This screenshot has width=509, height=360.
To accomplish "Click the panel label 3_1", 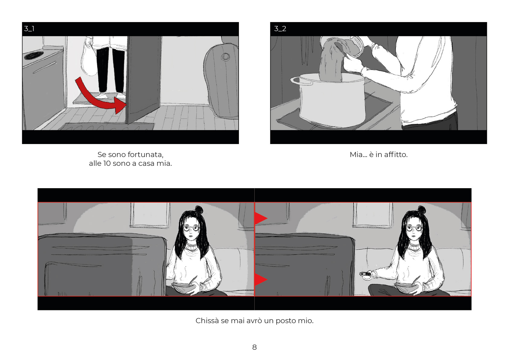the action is coord(29,29).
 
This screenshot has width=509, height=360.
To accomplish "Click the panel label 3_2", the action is coord(280,29).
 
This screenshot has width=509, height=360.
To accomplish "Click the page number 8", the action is coord(254,347).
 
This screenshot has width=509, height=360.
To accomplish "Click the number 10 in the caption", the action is coord(107,163).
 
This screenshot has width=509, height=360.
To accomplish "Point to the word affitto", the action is coord(395,154).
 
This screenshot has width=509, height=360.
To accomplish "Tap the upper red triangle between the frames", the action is coord(261,218).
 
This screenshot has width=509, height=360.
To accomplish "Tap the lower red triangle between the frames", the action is coord(261,280).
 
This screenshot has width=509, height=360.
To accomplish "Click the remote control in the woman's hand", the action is coord(365,274).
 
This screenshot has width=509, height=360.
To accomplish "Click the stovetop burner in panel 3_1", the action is coord(34,55).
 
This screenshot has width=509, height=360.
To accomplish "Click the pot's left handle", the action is coord(301,80).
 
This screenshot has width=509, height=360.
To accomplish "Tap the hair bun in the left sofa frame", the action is coord(199,209).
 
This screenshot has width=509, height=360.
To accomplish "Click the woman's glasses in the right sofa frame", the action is coord(415,228).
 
